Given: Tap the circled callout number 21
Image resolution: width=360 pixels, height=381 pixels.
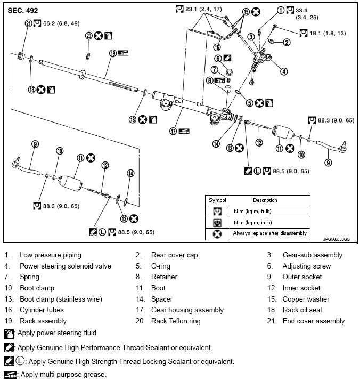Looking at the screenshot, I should click(28, 23).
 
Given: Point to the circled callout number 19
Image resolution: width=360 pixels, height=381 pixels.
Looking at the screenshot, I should click(113, 53).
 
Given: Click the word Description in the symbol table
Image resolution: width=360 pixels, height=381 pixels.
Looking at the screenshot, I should click(265, 200).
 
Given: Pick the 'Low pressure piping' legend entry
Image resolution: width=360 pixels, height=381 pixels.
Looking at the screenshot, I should click(51, 255).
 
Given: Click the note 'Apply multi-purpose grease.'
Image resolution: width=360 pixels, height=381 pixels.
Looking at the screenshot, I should click(62, 375).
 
